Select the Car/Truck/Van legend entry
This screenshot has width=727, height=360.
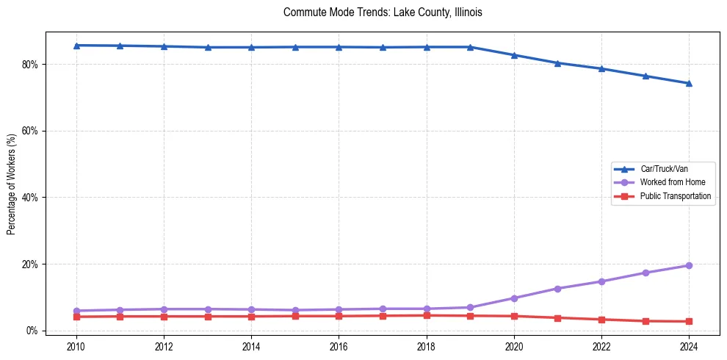[664, 169]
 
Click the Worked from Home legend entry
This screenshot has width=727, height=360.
[669, 182]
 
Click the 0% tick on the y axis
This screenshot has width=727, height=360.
[32, 331]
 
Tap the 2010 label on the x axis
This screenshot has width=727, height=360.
[76, 346]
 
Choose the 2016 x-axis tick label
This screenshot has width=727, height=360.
[339, 346]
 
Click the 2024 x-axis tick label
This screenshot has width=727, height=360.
[689, 346]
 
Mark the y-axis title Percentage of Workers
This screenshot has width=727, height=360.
[12, 184]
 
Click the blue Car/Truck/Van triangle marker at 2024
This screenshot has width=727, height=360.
[689, 83]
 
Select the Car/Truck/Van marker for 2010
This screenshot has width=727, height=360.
[76, 46]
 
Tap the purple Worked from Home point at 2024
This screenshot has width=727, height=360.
[689, 265]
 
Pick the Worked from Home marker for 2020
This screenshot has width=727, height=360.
[514, 298]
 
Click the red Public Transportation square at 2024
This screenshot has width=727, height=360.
[689, 321]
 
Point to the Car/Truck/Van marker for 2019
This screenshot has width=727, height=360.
[470, 47]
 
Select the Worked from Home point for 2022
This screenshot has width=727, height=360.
[601, 281]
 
